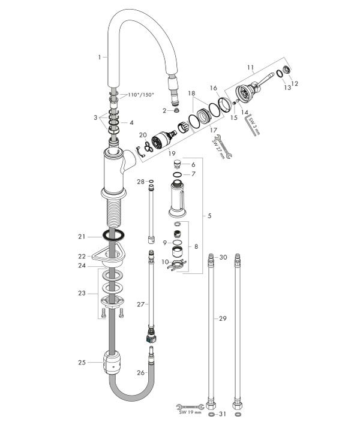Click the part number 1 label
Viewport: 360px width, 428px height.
(98, 57)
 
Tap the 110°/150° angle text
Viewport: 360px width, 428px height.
(140, 95)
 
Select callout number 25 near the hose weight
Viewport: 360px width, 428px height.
(82, 361)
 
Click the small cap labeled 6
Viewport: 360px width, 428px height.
(177, 164)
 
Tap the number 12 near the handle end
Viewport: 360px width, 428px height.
(293, 83)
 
